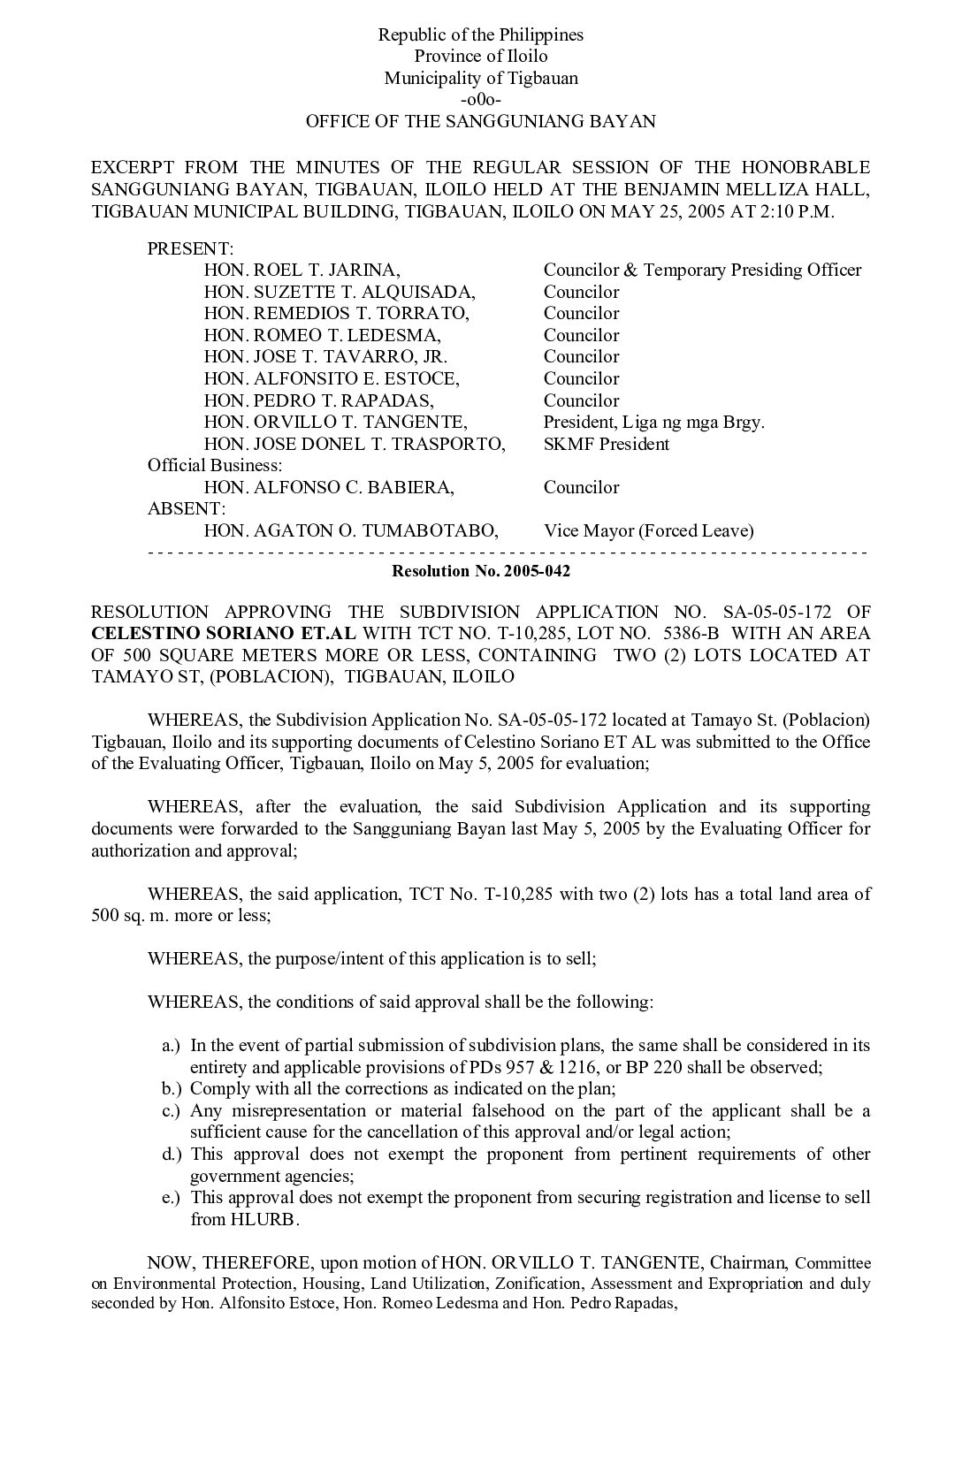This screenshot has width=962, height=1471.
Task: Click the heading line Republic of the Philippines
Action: (480, 35)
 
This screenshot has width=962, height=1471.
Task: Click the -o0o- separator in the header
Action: (480, 100)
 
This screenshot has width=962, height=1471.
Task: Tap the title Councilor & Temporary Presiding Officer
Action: (702, 271)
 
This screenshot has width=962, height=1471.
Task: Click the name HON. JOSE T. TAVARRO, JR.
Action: (325, 357)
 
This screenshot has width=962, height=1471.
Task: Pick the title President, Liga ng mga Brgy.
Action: (653, 422)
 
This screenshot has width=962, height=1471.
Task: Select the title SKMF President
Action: (606, 444)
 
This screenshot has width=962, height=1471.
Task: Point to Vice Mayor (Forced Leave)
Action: (648, 530)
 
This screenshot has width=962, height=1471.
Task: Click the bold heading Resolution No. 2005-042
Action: (480, 571)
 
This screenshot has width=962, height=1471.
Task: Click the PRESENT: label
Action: (190, 248)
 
